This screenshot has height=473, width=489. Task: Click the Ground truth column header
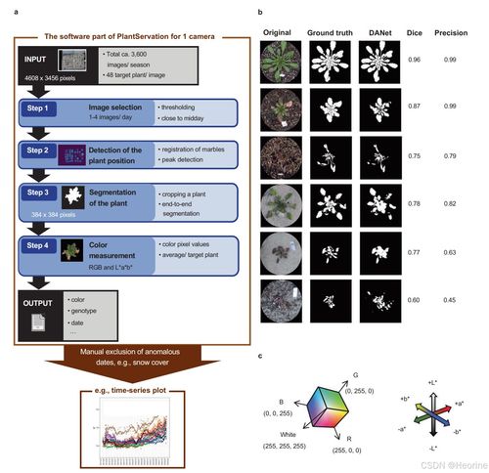[x=331, y=30]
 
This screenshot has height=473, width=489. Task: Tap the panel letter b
[x=258, y=11]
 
